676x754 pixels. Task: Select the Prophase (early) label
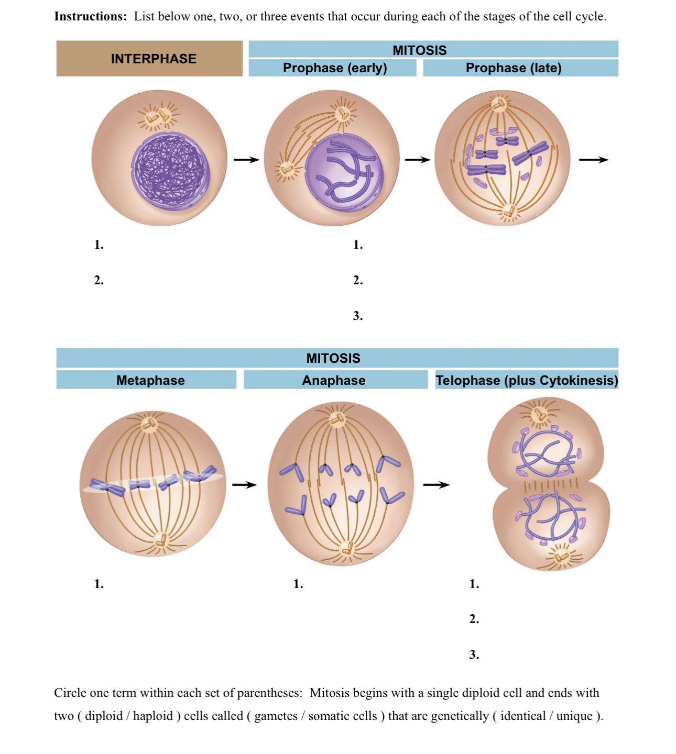[x=335, y=68]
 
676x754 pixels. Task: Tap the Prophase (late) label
[x=514, y=68]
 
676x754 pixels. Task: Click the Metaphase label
[x=150, y=380]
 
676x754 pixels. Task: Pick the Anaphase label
[x=334, y=380]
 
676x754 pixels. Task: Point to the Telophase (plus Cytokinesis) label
[x=527, y=380]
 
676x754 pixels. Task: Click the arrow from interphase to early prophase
[x=246, y=159]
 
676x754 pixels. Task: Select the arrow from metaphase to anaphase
[x=244, y=485]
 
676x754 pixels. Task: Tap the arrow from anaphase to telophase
[x=437, y=485]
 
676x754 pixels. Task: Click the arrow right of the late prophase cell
[x=594, y=160]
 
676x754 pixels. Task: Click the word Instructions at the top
[x=90, y=16]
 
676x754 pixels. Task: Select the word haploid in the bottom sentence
[x=152, y=716]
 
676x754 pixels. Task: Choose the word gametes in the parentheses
[x=276, y=716]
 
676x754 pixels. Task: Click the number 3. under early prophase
[x=358, y=316]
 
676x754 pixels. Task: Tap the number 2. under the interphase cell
[x=99, y=280]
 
